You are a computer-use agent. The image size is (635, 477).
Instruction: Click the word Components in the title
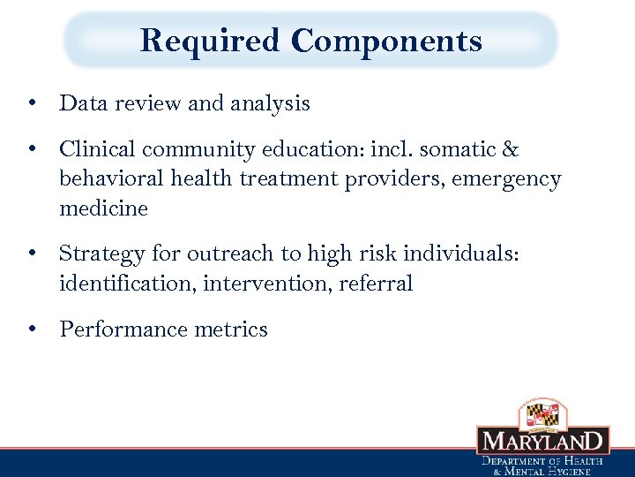pyautogui.click(x=386, y=41)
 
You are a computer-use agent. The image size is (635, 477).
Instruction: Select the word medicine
pyautogui.click(x=103, y=208)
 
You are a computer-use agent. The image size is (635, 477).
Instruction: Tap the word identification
pyautogui.click(x=127, y=284)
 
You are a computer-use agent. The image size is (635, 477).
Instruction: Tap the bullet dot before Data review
pyautogui.click(x=32, y=104)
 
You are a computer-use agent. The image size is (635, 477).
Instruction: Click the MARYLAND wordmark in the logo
pyautogui.click(x=542, y=441)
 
